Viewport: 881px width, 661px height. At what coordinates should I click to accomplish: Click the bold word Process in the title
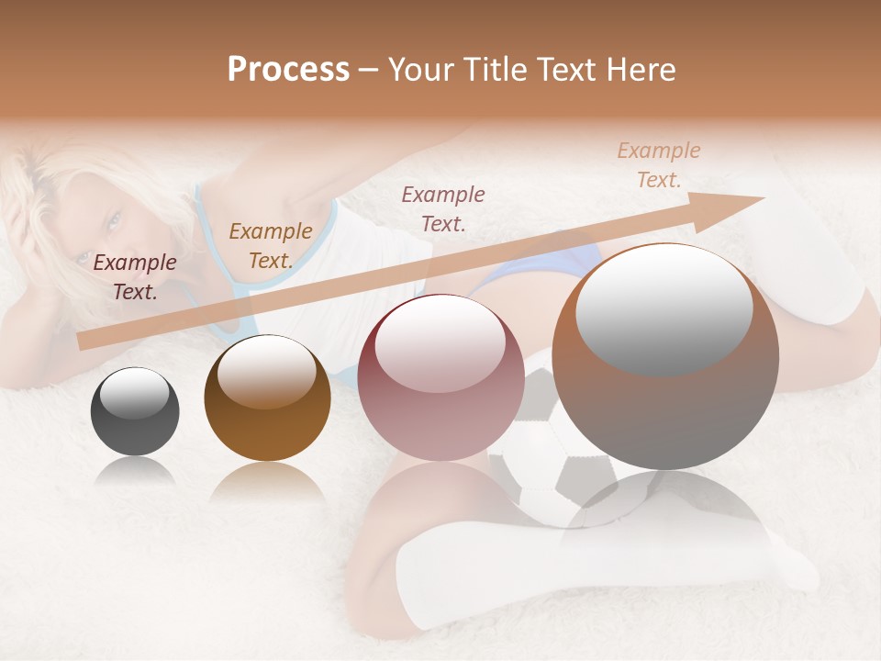[x=288, y=70]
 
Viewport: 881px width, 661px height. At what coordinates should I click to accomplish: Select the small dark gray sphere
[x=135, y=410]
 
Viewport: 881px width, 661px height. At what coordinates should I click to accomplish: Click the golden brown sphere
[x=267, y=398]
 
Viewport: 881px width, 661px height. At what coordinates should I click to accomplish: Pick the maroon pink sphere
[x=440, y=377]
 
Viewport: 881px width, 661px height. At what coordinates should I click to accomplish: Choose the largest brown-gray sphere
[x=665, y=356]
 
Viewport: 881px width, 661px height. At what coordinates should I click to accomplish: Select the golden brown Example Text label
[x=270, y=245]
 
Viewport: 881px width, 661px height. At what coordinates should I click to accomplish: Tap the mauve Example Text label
[x=443, y=208]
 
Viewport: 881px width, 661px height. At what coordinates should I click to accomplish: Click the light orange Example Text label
[x=658, y=165]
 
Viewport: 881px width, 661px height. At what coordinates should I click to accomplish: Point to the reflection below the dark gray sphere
[x=135, y=472]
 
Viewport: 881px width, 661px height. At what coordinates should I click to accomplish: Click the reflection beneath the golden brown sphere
[x=267, y=481]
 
